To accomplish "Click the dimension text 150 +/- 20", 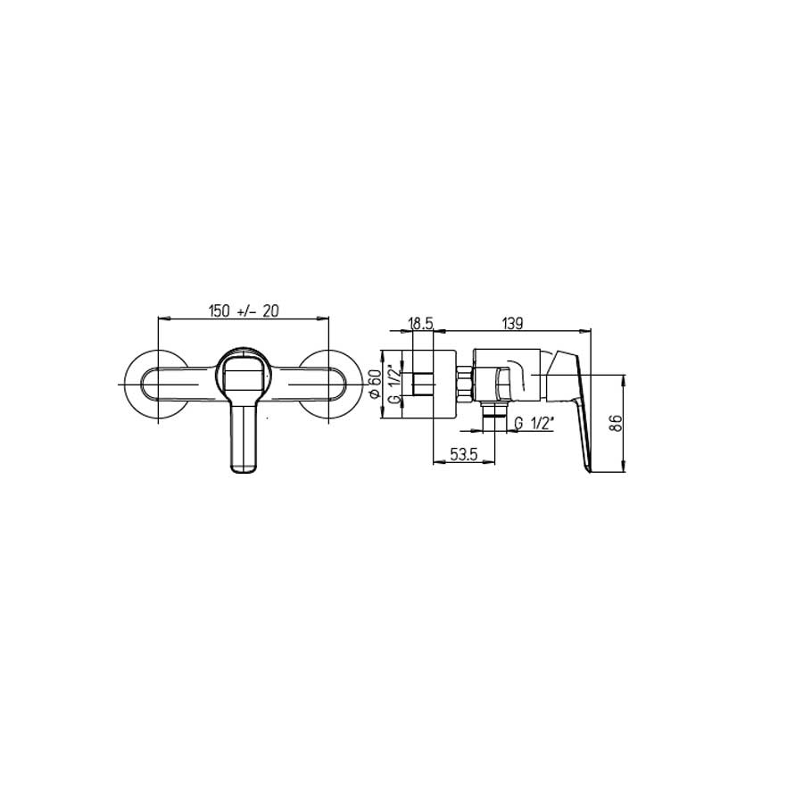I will click(x=244, y=310).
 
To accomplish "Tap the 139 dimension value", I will click(x=512, y=324).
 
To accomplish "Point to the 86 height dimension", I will click(x=616, y=423).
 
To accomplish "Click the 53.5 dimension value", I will click(x=463, y=454).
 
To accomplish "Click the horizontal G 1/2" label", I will click(x=535, y=423).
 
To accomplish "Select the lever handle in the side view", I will click(x=571, y=401).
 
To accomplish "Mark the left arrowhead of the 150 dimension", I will click(x=161, y=318).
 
